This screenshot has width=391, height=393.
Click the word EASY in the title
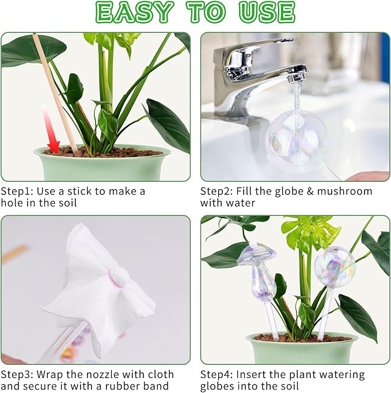click(x=135, y=12)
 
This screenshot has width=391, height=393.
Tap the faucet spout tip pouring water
click(x=298, y=77)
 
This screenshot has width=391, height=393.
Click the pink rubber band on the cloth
click(x=117, y=277)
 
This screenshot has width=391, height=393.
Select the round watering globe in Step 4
click(x=334, y=267)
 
